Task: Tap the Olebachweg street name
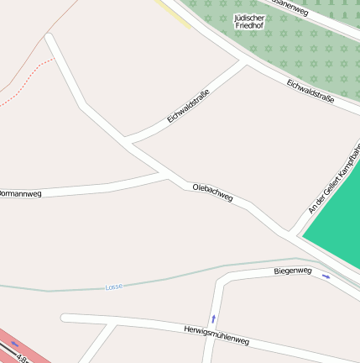click(x=212, y=192)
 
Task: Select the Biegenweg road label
click(x=293, y=271)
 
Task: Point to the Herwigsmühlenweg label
click(x=217, y=334)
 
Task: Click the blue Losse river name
click(x=113, y=287)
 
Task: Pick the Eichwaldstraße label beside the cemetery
click(x=310, y=92)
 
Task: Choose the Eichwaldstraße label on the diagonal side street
click(x=187, y=106)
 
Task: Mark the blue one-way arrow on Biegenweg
click(x=326, y=276)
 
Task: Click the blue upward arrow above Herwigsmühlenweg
click(x=213, y=318)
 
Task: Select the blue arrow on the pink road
click(x=14, y=345)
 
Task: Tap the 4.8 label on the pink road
click(x=22, y=360)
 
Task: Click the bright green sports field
click(x=337, y=227)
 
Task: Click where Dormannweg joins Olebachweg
click(x=163, y=174)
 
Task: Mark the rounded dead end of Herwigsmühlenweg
click(x=65, y=318)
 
